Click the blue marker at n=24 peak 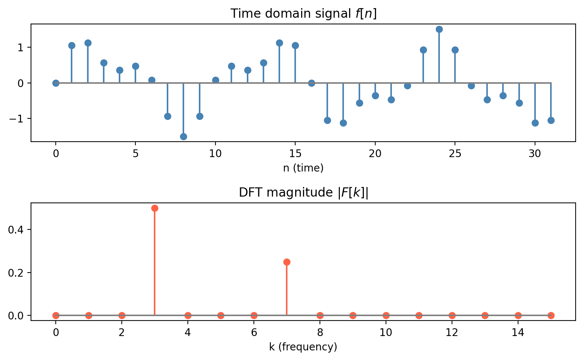click(x=439, y=30)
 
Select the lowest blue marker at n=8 click(x=183, y=136)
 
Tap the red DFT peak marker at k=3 click(x=155, y=208)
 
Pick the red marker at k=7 click(x=287, y=262)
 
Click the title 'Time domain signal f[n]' click(x=303, y=14)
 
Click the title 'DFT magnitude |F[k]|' click(x=303, y=193)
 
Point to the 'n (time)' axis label click(x=303, y=168)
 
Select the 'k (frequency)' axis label click(x=303, y=347)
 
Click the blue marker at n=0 click(x=56, y=83)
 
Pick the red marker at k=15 click(x=551, y=315)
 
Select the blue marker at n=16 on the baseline click(x=311, y=83)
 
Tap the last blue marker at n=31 click(x=551, y=120)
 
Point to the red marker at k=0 click(x=56, y=315)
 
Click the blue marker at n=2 click(x=88, y=43)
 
